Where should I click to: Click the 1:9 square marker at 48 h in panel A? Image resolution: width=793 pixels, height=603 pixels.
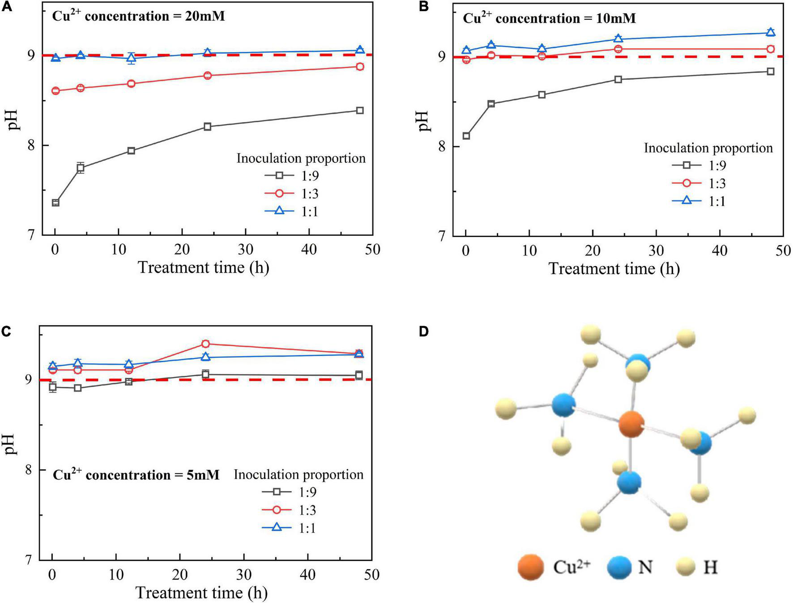pyautogui.click(x=359, y=110)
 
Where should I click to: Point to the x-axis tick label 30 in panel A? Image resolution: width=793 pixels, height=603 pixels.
pyautogui.click(x=246, y=249)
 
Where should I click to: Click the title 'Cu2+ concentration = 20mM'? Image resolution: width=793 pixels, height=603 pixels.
pyautogui.click(x=139, y=16)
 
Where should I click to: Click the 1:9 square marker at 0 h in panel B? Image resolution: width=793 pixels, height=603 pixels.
pyautogui.click(x=466, y=136)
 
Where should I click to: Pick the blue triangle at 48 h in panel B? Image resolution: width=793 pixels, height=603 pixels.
pyautogui.click(x=770, y=32)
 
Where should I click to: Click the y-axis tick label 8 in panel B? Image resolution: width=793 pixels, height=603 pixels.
pyautogui.click(x=443, y=147)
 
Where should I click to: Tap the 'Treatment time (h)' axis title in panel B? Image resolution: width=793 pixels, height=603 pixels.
pyautogui.click(x=614, y=269)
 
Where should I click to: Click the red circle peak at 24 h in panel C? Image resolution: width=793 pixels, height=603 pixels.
pyautogui.click(x=205, y=344)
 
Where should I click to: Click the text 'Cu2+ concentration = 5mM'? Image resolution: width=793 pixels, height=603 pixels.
pyautogui.click(x=136, y=475)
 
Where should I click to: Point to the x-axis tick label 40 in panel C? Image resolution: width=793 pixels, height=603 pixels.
pyautogui.click(x=307, y=575)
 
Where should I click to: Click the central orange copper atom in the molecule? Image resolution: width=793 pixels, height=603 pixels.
pyautogui.click(x=631, y=425)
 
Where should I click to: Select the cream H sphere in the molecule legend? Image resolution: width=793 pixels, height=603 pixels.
pyautogui.click(x=684, y=568)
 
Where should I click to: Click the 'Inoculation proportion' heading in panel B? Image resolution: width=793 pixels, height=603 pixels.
pyautogui.click(x=708, y=148)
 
